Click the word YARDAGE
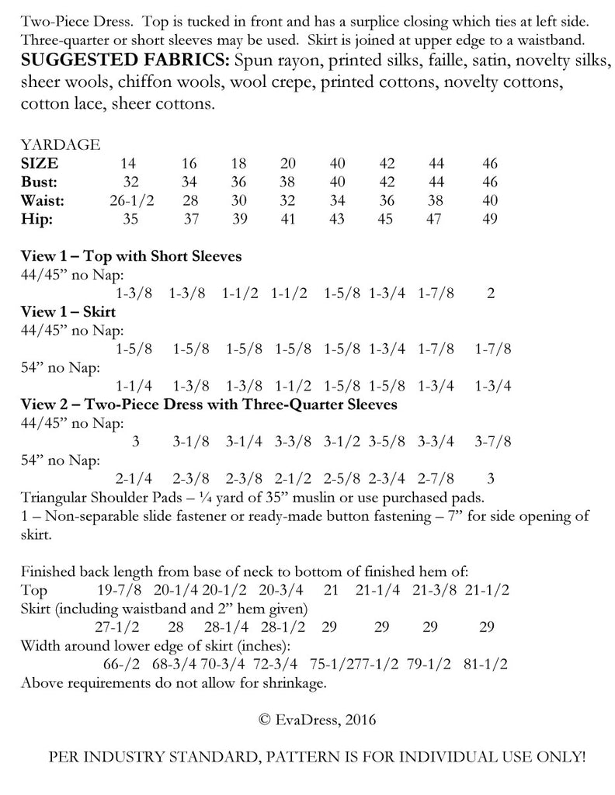61,144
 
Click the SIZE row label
40,164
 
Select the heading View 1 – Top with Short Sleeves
131,256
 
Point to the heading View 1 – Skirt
68,312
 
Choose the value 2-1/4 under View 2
133,479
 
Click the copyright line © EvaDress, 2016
318,720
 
